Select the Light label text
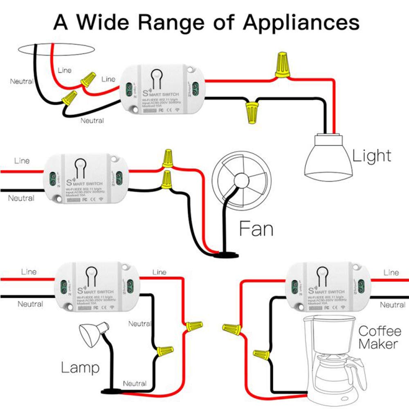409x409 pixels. tap(371, 156)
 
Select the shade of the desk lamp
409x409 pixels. tap(91, 333)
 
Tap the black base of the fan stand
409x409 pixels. tap(225, 255)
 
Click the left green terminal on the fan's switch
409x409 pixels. tap(52, 178)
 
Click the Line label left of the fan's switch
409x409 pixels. tap(22, 161)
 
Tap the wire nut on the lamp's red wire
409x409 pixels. tap(193, 326)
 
